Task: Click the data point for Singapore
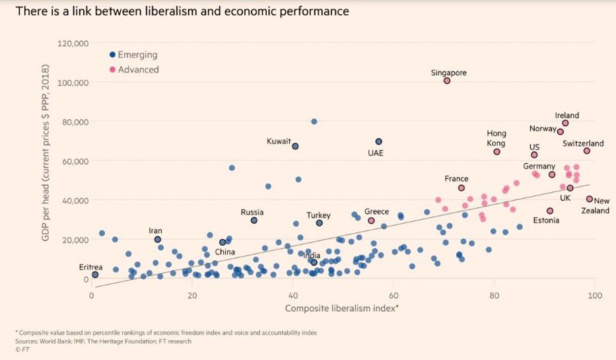[447, 81]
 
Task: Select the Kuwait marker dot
[295, 146]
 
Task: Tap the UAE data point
[378, 141]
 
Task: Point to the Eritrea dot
[95, 274]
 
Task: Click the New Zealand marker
[590, 199]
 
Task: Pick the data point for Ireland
[565, 123]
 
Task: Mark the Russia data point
[254, 220]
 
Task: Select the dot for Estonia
[550, 211]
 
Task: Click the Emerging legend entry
[137, 55]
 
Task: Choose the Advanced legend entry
[137, 69]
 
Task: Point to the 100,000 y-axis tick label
[72, 83]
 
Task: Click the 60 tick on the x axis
[394, 294]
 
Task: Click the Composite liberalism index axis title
[341, 308]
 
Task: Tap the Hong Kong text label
[496, 138]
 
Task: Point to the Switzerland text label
[583, 143]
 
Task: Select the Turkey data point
[319, 223]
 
